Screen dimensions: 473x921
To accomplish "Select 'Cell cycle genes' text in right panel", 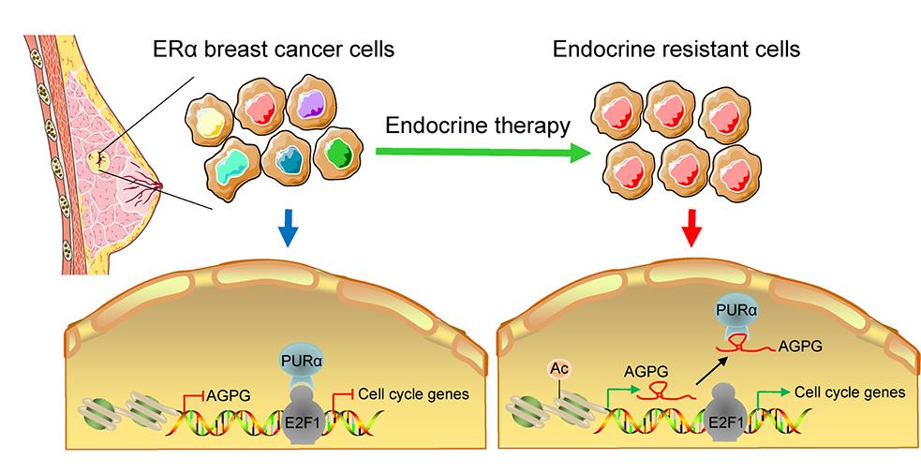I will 850,392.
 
